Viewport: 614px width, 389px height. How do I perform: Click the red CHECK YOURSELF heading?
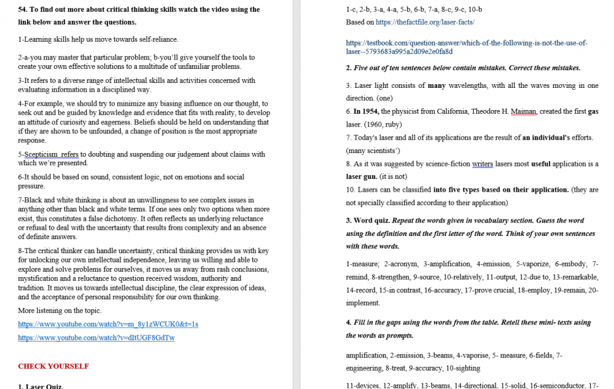point(53,366)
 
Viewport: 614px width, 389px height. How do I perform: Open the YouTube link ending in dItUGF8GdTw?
point(96,337)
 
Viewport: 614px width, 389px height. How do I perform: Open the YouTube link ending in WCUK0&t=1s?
point(108,324)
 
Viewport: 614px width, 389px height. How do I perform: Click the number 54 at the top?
point(23,9)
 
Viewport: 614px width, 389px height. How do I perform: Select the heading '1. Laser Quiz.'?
point(41,386)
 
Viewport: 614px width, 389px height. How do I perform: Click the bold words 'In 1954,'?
point(367,111)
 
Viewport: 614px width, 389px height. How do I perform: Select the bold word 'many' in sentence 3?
point(436,85)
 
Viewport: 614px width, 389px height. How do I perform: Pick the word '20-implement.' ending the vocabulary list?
point(363,303)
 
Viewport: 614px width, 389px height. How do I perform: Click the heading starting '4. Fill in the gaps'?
point(393,322)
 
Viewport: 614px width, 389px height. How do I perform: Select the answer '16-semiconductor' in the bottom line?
point(556,386)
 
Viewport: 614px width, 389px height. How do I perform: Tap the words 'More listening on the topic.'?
point(60,310)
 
